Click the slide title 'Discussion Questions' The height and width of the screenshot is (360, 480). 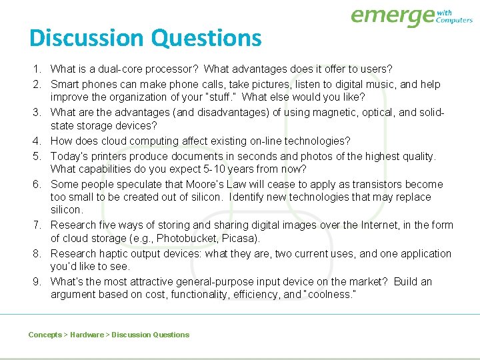click(x=145, y=38)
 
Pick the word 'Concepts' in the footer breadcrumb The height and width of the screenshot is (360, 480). click(x=45, y=335)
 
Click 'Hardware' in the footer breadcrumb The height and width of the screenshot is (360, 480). click(x=87, y=335)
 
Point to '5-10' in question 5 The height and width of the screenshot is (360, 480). click(x=231, y=169)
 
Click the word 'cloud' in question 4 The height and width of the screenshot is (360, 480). click(x=116, y=141)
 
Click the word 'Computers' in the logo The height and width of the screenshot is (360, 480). click(x=454, y=20)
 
